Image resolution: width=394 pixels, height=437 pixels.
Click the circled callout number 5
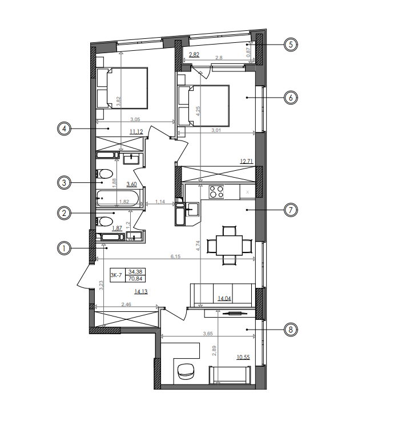click(x=291, y=44)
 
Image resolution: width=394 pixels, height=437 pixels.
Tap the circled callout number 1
click(x=65, y=248)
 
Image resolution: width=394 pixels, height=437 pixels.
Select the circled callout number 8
click(x=291, y=330)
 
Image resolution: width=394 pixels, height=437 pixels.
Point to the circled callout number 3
click(x=65, y=183)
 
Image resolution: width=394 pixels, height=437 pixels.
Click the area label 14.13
click(x=140, y=291)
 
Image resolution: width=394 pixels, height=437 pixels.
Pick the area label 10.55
click(x=243, y=358)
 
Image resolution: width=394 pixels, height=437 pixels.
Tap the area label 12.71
click(x=247, y=162)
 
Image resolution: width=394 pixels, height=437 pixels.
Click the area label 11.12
click(x=136, y=132)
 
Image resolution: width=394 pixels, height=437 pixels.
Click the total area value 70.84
click(x=136, y=279)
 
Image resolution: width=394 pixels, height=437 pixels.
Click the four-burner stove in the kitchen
click(x=216, y=193)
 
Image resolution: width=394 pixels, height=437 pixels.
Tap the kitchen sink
click(x=192, y=209)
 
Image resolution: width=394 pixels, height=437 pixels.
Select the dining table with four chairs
click(x=229, y=246)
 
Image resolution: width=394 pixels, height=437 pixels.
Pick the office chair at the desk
click(x=186, y=371)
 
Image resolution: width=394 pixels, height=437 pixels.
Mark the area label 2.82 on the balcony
click(x=194, y=55)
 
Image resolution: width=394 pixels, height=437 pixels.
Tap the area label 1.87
click(x=117, y=228)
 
